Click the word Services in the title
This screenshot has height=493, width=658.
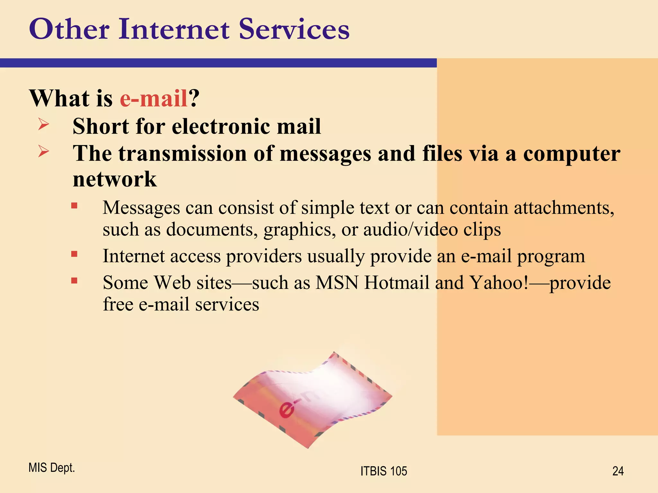pyautogui.click(x=294, y=30)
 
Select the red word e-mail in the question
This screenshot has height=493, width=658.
pyautogui.click(x=154, y=98)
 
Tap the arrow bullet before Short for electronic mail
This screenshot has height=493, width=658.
pyautogui.click(x=43, y=125)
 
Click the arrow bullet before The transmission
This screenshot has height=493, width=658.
pyautogui.click(x=43, y=151)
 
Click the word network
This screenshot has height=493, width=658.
pyautogui.click(x=114, y=179)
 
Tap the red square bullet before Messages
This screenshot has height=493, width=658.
pyautogui.click(x=74, y=205)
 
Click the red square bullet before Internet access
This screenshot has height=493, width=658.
pyautogui.click(x=74, y=254)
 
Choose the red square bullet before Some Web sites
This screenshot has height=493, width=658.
pyautogui.click(x=74, y=281)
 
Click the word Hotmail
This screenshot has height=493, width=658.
pyautogui.click(x=397, y=283)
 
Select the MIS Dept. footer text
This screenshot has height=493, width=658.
pyautogui.click(x=51, y=468)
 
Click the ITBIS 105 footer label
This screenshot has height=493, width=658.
pyautogui.click(x=384, y=471)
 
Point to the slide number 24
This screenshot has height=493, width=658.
pyautogui.click(x=618, y=471)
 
